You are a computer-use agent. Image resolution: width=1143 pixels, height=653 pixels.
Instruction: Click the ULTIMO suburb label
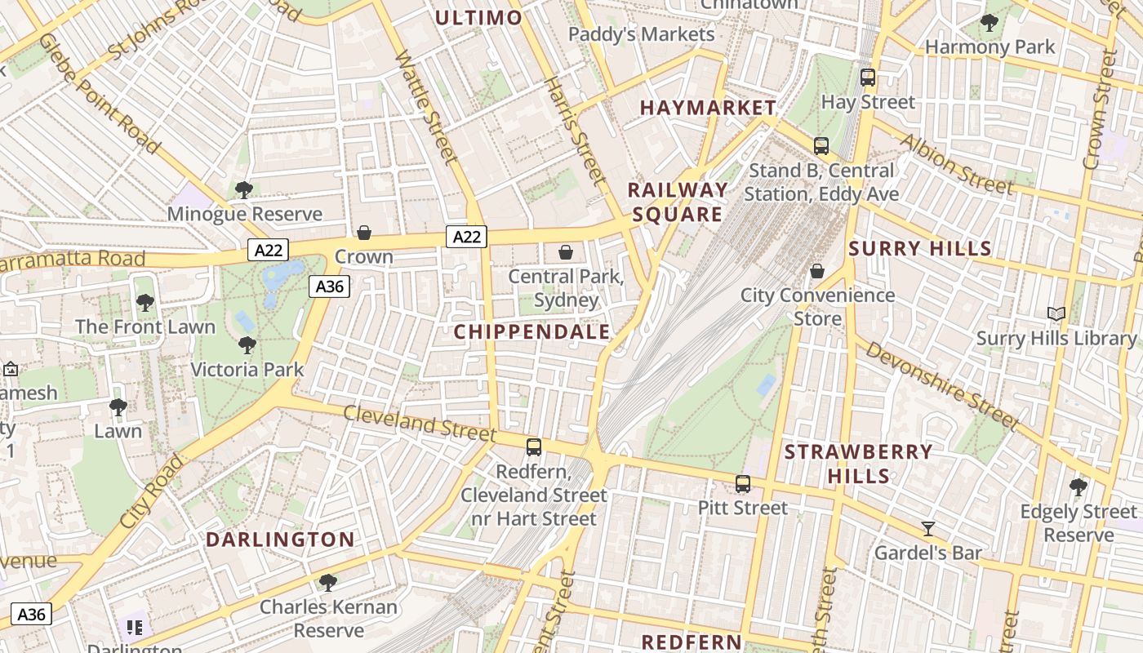(x=478, y=18)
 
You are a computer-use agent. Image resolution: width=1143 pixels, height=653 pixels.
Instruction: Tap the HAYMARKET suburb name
(x=708, y=108)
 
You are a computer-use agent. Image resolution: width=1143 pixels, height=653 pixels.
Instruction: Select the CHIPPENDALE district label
(x=531, y=331)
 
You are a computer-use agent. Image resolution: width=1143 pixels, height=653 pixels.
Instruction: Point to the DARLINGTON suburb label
(x=280, y=540)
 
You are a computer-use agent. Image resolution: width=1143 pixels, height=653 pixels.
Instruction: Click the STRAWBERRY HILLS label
(x=858, y=464)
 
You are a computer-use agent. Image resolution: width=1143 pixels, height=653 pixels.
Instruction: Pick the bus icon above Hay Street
(x=868, y=78)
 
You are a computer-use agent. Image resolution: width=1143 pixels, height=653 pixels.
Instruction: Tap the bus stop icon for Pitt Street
(x=743, y=483)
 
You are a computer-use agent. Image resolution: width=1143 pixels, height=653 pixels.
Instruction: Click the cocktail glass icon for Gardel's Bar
(x=928, y=529)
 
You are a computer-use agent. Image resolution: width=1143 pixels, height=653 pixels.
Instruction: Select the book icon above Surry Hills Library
(x=1056, y=313)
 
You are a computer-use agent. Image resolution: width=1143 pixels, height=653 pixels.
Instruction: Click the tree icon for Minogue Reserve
(x=243, y=189)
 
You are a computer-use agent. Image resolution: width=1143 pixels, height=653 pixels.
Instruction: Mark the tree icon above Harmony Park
(x=990, y=22)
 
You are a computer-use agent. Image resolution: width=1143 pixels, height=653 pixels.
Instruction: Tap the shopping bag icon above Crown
(x=364, y=233)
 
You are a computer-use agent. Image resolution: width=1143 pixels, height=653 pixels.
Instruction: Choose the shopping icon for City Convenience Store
(x=817, y=271)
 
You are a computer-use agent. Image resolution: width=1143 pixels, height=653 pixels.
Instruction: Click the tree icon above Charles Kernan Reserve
(x=328, y=582)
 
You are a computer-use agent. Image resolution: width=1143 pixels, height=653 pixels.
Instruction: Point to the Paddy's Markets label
(x=641, y=34)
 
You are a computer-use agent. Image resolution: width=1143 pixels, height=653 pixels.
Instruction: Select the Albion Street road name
(x=956, y=164)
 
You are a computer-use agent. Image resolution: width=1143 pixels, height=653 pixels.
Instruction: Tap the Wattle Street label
(x=425, y=107)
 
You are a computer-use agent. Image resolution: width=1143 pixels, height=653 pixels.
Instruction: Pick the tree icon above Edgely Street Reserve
(x=1079, y=487)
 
